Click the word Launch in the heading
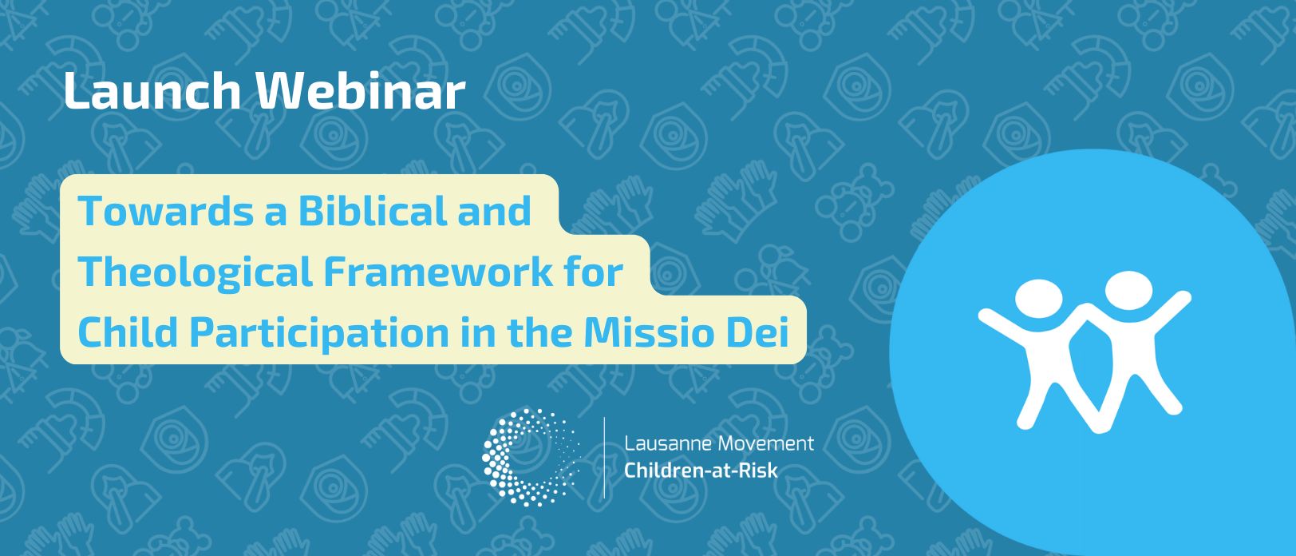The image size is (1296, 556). pyautogui.click(x=152, y=91)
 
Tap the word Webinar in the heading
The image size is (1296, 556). pyautogui.click(x=361, y=91)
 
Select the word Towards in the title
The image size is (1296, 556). pyautogui.click(x=165, y=211)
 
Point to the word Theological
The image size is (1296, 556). pyautogui.click(x=195, y=272)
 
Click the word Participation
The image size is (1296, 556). pyautogui.click(x=319, y=334)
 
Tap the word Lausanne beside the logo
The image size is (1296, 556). pyautogui.click(x=668, y=443)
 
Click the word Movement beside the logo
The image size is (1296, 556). pyautogui.click(x=765, y=443)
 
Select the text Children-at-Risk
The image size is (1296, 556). pyautogui.click(x=701, y=471)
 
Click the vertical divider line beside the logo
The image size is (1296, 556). pyautogui.click(x=604, y=458)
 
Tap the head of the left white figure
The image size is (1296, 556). pyautogui.click(x=1038, y=299)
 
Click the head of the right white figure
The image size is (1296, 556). pyautogui.click(x=1128, y=289)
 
